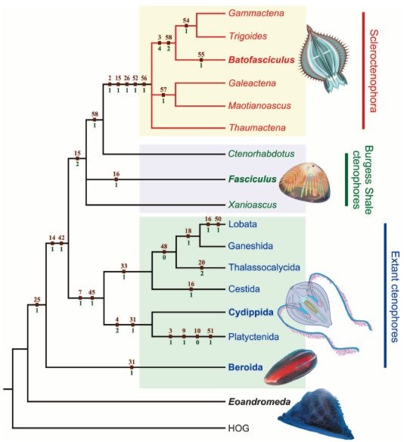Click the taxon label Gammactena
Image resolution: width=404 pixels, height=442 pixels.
pos(256,13)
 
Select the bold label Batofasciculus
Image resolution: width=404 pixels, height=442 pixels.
pos(262,60)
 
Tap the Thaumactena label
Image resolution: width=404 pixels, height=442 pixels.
pos(257,128)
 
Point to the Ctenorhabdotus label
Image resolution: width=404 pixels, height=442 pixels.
pos(261,154)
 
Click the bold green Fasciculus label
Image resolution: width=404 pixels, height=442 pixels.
pos(253,179)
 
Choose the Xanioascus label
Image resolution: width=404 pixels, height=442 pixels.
pos(253,204)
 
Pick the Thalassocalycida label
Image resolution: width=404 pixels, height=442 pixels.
pos(264,267)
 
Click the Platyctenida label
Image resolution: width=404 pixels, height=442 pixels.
pos(253,337)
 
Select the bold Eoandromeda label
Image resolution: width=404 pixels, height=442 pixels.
pos(259,401)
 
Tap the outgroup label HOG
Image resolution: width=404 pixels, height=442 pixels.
pos(238,428)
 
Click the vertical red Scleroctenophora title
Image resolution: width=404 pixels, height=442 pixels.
pos(373,70)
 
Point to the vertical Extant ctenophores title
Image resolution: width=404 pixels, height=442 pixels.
pos(395,297)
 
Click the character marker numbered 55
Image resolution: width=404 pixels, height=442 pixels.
pos(201,60)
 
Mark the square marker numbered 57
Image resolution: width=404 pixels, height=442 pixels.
pos(163,95)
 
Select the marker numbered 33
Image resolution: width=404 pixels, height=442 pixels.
pos(123,272)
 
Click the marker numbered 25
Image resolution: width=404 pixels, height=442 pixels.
pos(37,305)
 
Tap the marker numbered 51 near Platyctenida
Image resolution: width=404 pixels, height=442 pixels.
pos(210,336)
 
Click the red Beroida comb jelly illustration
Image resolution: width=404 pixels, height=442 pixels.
pos(291,367)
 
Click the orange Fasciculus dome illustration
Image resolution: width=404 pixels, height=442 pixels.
pos(305,182)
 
